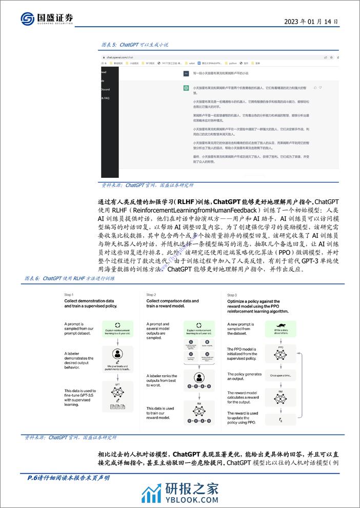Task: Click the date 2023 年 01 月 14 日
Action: (x=311, y=22)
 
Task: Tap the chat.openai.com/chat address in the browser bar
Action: (x=119, y=57)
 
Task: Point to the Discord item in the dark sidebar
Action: (x=105, y=89)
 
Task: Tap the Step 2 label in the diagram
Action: (x=151, y=295)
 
